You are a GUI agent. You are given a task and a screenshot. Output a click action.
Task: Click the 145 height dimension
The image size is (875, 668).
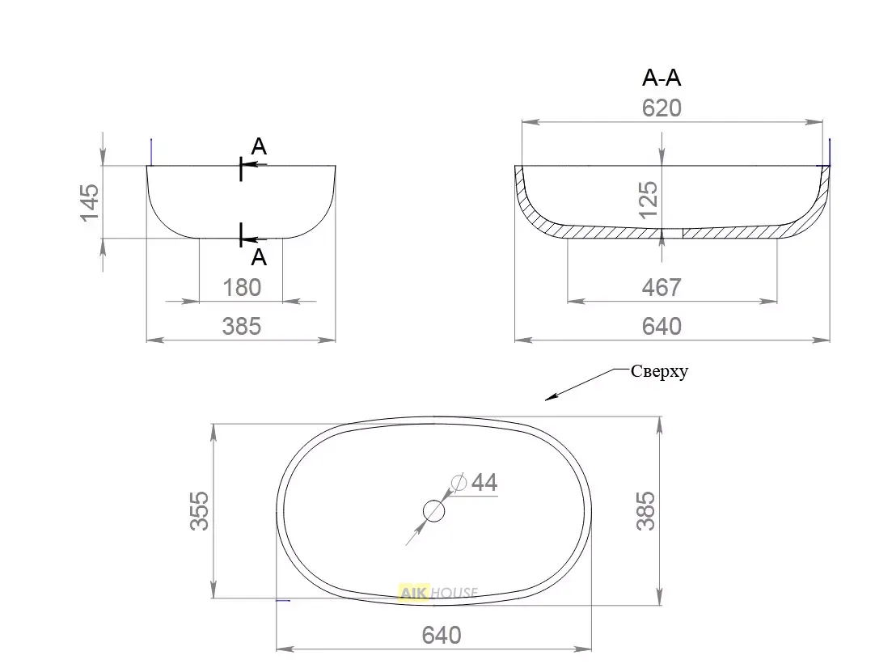(x=90, y=202)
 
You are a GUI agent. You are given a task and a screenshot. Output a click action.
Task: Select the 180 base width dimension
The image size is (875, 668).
(x=242, y=288)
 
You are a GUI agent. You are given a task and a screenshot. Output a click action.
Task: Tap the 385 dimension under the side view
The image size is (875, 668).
(x=242, y=327)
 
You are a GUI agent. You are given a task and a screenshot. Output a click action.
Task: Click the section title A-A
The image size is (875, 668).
(x=662, y=78)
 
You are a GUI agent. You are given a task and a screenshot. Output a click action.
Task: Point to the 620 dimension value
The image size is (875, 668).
(x=662, y=108)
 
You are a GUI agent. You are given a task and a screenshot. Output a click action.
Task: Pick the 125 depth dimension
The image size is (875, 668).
(x=648, y=200)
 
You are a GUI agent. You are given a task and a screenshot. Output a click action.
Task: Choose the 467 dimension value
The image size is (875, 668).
(x=662, y=288)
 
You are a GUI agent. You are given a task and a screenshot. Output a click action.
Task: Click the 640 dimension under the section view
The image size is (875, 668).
(x=662, y=327)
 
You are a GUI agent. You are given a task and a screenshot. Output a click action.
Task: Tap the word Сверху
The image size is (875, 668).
(x=660, y=372)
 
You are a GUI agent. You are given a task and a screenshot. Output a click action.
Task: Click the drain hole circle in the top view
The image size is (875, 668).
(x=433, y=510)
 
